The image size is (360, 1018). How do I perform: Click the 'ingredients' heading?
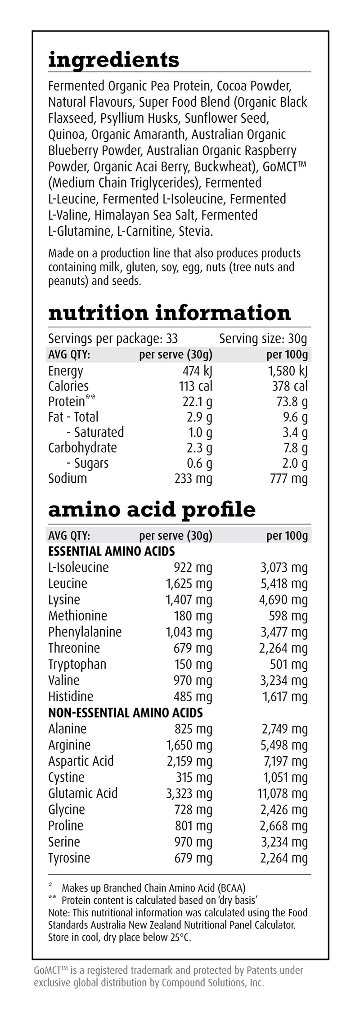[113, 60]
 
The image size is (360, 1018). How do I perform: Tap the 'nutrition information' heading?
[169, 313]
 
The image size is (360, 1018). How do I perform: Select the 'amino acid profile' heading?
[152, 509]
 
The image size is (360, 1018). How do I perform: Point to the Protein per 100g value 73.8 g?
[292, 402]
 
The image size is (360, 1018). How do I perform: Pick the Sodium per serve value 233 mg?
[193, 478]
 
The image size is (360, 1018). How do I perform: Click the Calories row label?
[68, 386]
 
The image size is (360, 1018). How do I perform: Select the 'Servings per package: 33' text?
[113, 338]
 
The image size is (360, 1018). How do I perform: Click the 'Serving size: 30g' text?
[263, 338]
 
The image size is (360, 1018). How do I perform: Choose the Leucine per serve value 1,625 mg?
[189, 583]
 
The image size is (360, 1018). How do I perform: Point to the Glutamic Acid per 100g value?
[282, 793]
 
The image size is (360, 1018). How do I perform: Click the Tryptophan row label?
[77, 664]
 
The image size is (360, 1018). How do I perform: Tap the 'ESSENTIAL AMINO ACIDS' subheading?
[111, 551]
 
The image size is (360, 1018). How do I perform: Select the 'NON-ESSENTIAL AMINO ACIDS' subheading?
[126, 713]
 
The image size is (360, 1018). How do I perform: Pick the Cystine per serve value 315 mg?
[193, 777]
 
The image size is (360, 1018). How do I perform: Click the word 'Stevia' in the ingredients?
[195, 232]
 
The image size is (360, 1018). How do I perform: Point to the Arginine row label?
[69, 745]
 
